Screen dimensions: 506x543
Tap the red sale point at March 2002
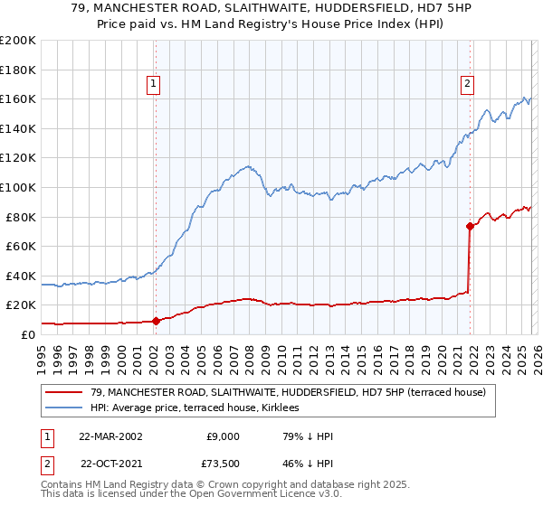156,320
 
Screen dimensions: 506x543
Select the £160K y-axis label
18,98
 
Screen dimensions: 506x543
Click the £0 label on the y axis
28,334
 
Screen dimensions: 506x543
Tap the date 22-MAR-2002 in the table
110,436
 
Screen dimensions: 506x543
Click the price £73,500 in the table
220,463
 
